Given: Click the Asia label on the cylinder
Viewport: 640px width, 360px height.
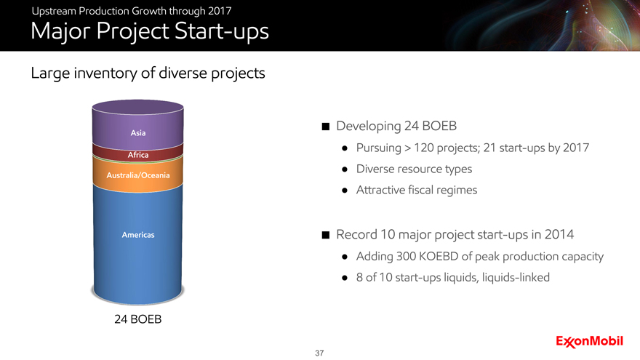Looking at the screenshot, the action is (x=138, y=132).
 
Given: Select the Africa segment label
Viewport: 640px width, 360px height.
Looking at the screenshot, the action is (x=138, y=155).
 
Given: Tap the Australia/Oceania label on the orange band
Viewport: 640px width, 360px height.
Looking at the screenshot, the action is (x=138, y=175).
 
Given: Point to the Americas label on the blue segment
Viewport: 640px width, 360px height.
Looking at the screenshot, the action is (x=138, y=235).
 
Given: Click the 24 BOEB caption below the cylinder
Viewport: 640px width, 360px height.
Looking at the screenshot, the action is (x=138, y=319).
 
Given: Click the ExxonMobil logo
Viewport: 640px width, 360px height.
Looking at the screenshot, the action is (x=589, y=342).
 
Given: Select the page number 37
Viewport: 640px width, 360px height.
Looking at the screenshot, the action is (x=319, y=353).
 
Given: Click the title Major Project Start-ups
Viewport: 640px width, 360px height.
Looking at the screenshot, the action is (x=150, y=31).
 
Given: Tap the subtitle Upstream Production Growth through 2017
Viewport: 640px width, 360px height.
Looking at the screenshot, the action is (x=132, y=11).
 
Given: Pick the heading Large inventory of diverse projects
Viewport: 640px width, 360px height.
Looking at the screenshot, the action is (x=148, y=73).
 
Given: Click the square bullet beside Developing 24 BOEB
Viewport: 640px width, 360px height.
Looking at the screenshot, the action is (x=326, y=127).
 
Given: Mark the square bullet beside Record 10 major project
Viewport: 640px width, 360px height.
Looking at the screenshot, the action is (x=326, y=235).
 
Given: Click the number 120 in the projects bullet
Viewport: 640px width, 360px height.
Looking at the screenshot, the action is (x=424, y=148).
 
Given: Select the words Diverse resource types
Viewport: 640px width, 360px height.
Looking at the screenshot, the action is (x=414, y=169).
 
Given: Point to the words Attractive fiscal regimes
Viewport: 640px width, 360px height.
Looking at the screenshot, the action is (x=417, y=190).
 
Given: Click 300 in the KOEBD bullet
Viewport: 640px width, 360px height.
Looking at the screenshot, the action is (x=406, y=256).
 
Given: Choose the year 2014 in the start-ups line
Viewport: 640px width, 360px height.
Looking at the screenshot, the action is (x=559, y=235).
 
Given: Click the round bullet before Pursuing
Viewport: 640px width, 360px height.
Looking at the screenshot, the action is (x=345, y=148).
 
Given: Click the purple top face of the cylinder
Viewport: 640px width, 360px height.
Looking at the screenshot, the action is (x=138, y=107).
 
